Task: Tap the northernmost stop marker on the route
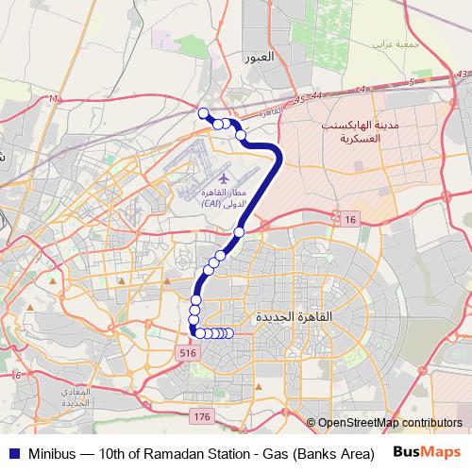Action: click(202, 113)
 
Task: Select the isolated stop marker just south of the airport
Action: click(239, 231)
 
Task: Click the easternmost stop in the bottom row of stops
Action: click(229, 333)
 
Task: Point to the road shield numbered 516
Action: click(187, 351)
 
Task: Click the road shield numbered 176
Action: click(200, 415)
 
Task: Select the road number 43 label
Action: click(462, 73)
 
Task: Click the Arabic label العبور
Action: click(259, 59)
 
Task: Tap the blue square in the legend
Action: click(13, 452)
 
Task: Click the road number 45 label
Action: click(299, 100)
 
